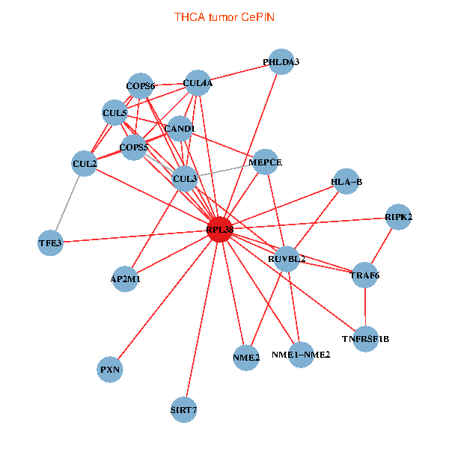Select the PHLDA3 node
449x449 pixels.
[x=281, y=63]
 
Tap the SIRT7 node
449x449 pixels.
[x=183, y=409]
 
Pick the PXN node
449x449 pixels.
[x=110, y=369]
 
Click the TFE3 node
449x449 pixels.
[x=51, y=242]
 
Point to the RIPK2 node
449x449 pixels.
[x=398, y=217]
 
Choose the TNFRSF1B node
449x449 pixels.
[x=365, y=339]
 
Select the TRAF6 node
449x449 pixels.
[x=364, y=275]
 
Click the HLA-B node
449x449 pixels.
[x=346, y=182]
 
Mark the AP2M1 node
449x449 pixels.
[x=125, y=278]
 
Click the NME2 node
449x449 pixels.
[x=246, y=357]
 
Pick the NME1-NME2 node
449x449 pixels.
[x=300, y=354]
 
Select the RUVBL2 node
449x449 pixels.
[x=286, y=259]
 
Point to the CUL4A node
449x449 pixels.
[x=198, y=84]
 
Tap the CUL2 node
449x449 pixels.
[x=85, y=163]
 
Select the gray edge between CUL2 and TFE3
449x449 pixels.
[x=68, y=202]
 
